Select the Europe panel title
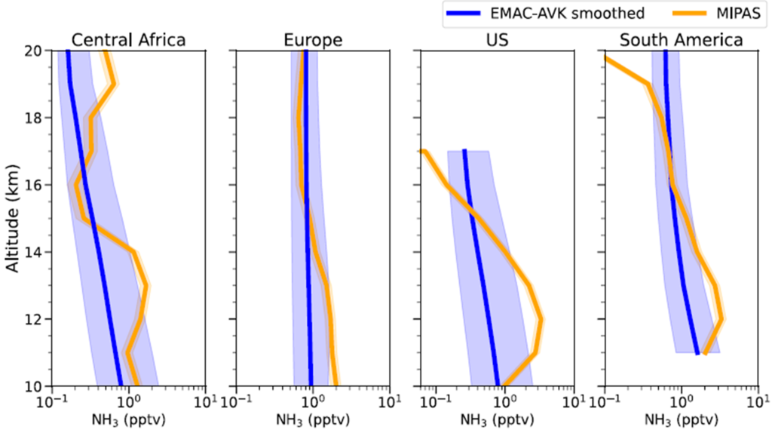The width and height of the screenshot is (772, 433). click(x=312, y=40)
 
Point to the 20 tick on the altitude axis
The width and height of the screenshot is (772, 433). click(x=36, y=51)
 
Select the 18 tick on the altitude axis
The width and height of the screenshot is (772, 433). click(x=36, y=118)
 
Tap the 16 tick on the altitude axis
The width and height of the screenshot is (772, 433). click(x=36, y=185)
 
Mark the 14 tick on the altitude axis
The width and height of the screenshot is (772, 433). click(x=36, y=252)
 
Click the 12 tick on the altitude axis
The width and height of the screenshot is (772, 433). click(x=36, y=319)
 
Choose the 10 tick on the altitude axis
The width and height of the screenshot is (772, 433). click(x=36, y=385)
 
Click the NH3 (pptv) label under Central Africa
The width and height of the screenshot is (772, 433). click(x=128, y=419)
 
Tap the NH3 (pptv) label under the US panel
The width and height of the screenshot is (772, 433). click(x=497, y=419)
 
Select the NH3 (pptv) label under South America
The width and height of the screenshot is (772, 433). click(x=682, y=419)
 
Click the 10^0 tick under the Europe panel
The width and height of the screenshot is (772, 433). click(x=311, y=400)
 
